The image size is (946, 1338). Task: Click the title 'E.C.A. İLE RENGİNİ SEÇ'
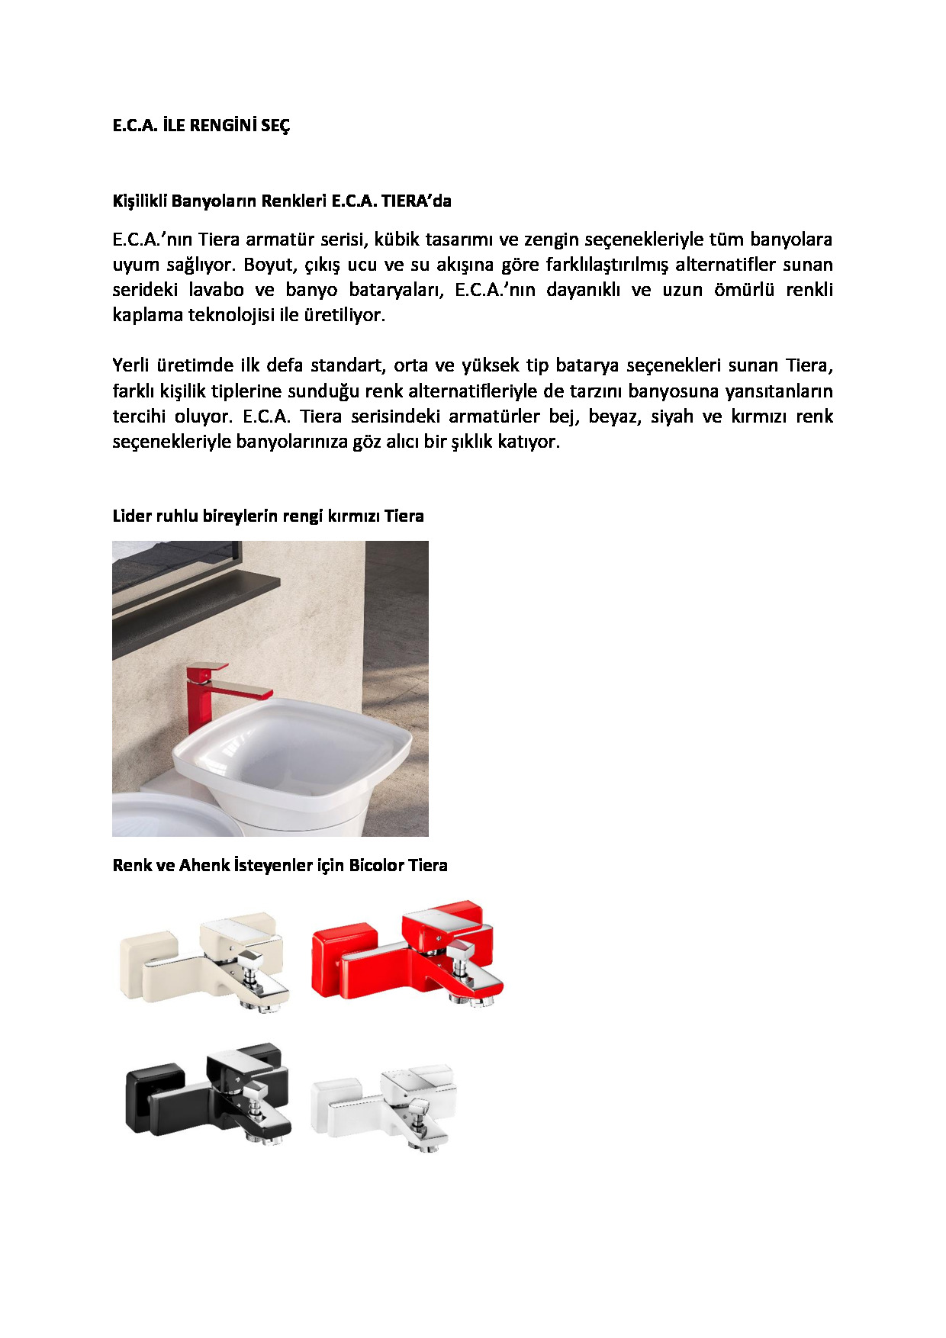click(201, 126)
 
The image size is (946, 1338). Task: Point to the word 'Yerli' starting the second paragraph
click(130, 365)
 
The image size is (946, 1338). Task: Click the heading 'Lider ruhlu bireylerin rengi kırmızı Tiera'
click(268, 516)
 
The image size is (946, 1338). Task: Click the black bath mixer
click(208, 1095)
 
